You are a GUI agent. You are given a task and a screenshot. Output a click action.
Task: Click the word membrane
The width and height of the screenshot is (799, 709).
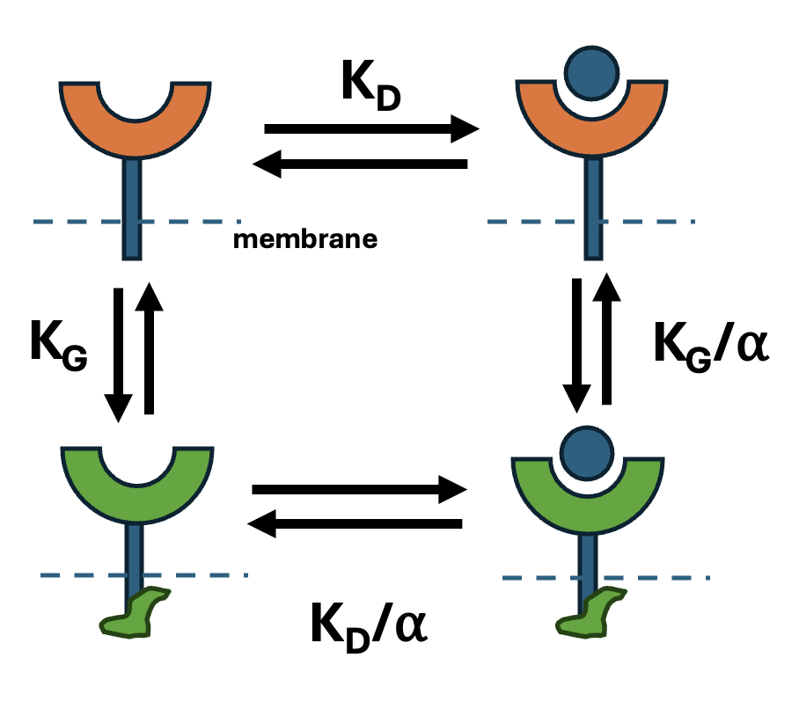(x=304, y=238)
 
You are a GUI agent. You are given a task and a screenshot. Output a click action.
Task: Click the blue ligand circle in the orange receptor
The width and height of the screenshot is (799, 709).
(x=590, y=71)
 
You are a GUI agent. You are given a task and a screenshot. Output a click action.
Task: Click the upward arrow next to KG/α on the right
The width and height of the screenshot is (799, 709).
(x=606, y=338)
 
